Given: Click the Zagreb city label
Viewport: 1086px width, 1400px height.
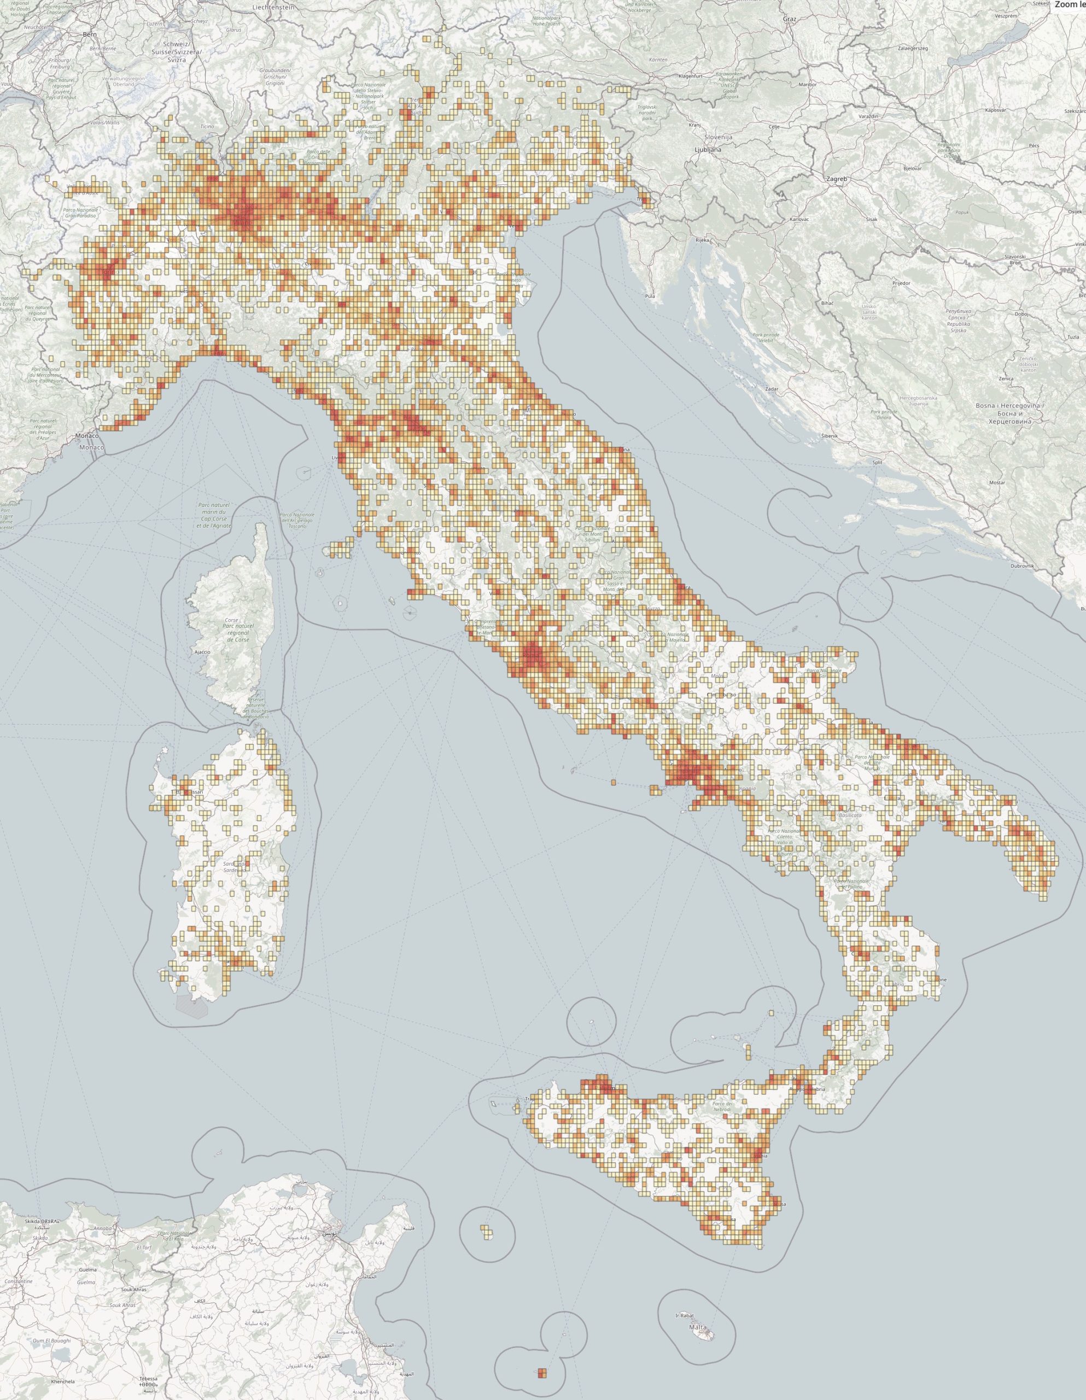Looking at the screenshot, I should pos(837,179).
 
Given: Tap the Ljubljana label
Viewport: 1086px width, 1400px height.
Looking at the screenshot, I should pos(707,149).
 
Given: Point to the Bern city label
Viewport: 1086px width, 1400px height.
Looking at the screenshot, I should pos(89,34).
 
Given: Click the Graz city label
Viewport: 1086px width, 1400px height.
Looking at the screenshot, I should pos(789,19).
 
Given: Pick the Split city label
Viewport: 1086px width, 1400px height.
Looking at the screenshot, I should pos(878,462).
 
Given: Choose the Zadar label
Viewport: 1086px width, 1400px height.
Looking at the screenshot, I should pos(772,389).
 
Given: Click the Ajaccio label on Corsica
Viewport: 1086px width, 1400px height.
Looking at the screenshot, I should pos(202,651).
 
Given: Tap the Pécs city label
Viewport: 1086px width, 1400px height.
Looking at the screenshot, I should pos(1034,145).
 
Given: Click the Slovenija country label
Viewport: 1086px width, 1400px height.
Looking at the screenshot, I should pos(718,137).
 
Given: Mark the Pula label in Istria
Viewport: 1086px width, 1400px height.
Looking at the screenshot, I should pos(651,296).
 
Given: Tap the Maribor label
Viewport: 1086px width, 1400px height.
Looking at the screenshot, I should pos(808,84).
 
